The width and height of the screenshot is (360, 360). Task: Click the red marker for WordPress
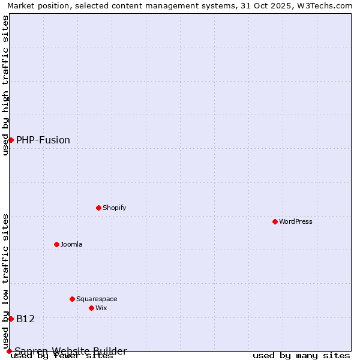point(275,221)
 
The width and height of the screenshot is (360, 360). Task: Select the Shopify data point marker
point(99,208)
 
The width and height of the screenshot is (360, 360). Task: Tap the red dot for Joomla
point(57,244)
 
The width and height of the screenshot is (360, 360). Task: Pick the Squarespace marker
point(73,299)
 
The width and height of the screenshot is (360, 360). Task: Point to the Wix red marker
point(92,308)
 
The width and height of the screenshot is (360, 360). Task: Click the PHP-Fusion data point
point(11,140)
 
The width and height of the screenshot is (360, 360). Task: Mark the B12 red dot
point(11,319)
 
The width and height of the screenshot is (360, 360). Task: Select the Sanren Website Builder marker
point(9,351)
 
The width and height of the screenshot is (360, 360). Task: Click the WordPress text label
point(296,221)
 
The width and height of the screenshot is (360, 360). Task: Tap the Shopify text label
point(114,208)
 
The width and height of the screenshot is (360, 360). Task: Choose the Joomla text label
point(71,244)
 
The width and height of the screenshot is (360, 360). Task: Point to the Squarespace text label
point(97,299)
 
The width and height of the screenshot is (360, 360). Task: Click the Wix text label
point(101,308)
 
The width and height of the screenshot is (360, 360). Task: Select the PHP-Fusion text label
point(43,140)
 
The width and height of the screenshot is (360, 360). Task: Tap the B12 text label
point(26,319)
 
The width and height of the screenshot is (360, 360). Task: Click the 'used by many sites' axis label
point(301,356)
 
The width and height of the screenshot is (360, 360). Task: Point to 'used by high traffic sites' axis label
point(5,85)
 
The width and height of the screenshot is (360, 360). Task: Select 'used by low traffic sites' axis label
point(5,281)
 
